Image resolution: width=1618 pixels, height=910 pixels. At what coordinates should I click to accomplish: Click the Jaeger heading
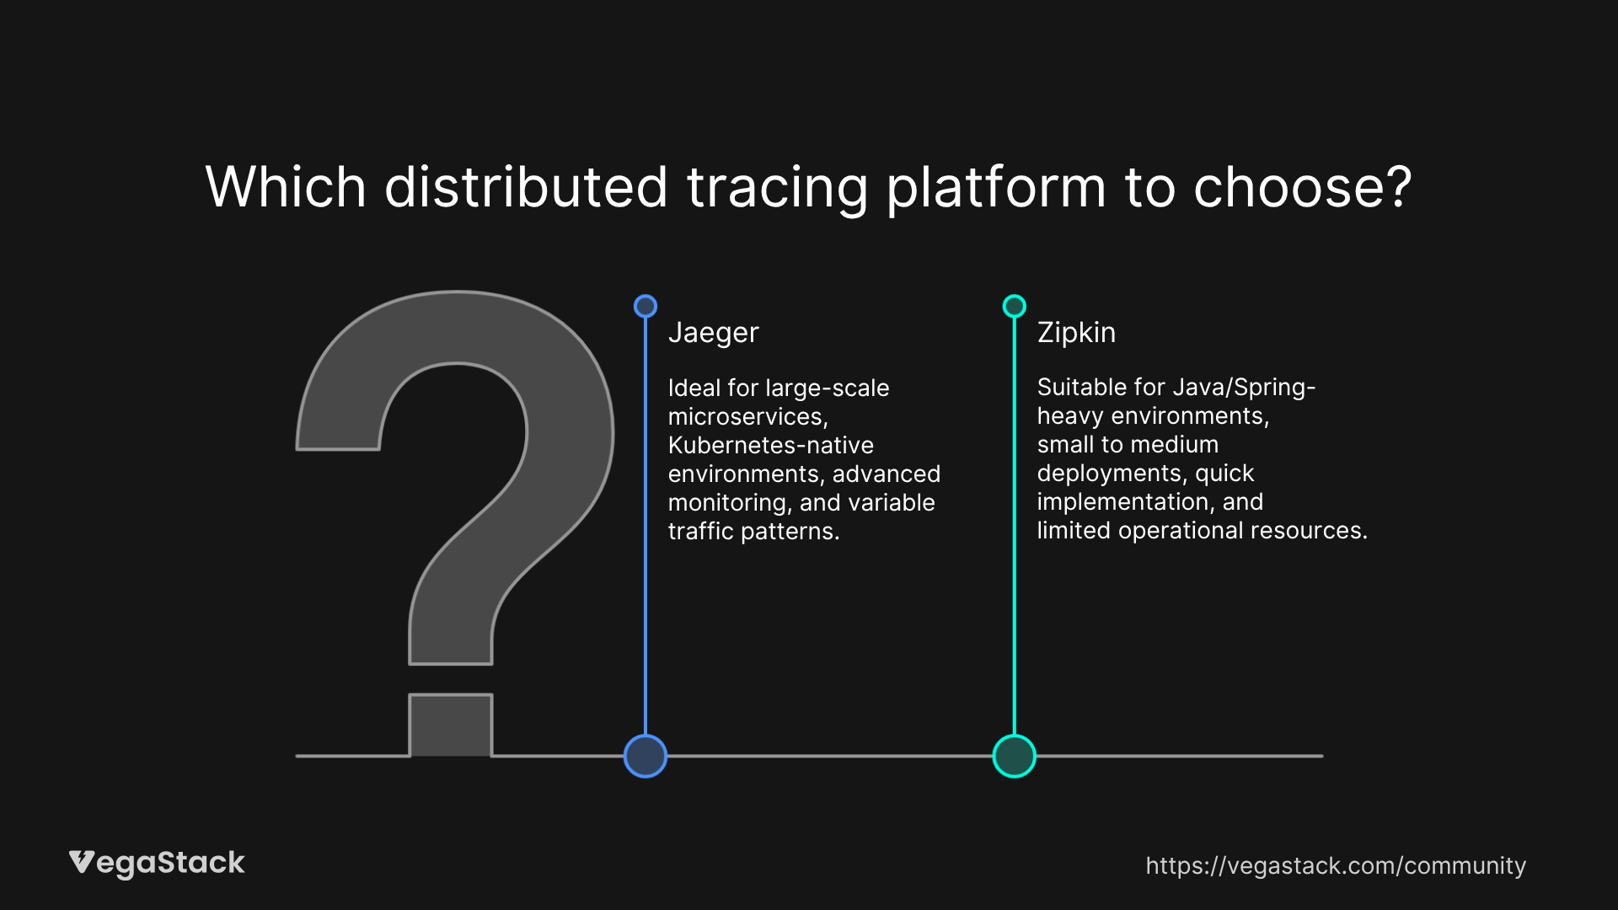coord(713,333)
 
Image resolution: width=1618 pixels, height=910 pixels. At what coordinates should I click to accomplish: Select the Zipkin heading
coord(1076,333)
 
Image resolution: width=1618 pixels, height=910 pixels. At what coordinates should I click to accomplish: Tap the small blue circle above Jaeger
coord(646,306)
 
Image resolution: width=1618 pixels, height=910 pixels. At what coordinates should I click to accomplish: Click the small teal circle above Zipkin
coord(1015,306)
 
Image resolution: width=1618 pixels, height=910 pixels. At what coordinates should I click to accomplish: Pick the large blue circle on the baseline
coord(646,756)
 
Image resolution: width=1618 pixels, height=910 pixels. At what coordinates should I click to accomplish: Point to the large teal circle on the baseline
coord(1015,756)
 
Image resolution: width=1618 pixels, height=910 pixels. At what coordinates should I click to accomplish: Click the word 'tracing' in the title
coord(777,187)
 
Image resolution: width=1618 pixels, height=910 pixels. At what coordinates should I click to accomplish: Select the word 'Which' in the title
coord(286,187)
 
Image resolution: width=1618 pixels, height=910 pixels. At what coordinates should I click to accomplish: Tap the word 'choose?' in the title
coord(1302,187)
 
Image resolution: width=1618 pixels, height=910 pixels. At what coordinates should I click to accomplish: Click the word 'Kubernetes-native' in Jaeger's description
coord(770,445)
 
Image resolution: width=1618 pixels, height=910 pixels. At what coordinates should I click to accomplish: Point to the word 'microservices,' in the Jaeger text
coord(747,416)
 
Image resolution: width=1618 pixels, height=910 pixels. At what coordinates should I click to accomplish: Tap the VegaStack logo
coord(157,863)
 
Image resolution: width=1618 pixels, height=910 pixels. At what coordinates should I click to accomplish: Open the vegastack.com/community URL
coord(1336,865)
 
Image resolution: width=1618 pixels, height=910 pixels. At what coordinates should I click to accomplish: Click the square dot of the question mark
coord(451,725)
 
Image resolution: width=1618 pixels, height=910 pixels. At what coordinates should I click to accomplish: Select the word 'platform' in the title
coord(995,187)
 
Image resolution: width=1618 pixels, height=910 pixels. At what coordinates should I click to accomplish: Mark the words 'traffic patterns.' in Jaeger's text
coord(753,531)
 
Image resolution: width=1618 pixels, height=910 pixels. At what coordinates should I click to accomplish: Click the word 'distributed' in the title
coord(526,187)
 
